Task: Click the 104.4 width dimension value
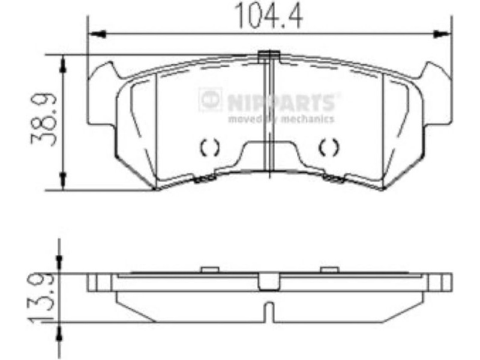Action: pyautogui.click(x=268, y=16)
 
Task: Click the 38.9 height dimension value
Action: pyautogui.click(x=44, y=119)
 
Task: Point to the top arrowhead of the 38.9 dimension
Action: pyautogui.click(x=63, y=64)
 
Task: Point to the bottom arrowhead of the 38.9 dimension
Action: pyautogui.click(x=63, y=181)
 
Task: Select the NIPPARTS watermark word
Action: pyautogui.click(x=280, y=102)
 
